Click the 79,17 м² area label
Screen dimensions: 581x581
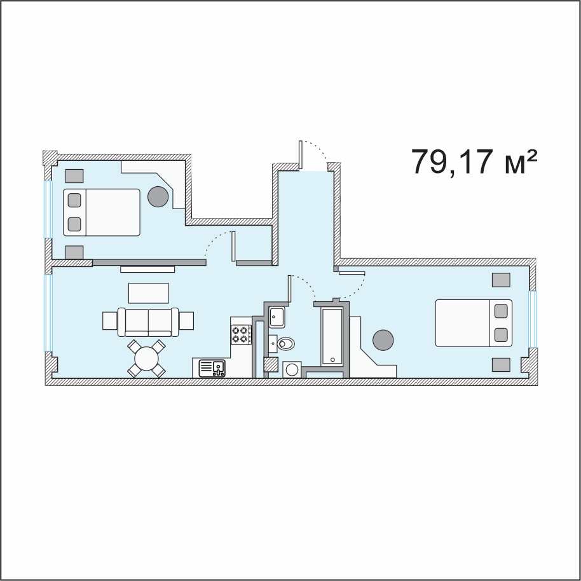(474, 161)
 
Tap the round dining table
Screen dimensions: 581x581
(147, 359)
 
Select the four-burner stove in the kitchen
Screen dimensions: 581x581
(240, 334)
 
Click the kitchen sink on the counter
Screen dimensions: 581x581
(212, 368)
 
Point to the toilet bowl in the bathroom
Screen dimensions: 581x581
(285, 343)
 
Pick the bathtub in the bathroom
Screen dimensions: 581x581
(332, 336)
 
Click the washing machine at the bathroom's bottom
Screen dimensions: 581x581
(292, 369)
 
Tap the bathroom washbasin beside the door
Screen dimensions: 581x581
(277, 318)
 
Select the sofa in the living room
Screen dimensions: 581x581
(148, 322)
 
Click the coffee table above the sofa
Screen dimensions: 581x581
(149, 293)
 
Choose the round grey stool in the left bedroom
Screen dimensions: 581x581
(158, 196)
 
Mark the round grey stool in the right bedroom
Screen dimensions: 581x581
(383, 339)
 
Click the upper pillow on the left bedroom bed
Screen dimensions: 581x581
(74, 200)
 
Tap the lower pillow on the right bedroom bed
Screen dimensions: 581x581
(501, 334)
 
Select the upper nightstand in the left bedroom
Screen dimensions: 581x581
(74, 175)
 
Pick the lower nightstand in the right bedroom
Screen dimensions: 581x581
(501, 365)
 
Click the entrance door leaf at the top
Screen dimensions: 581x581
(301, 155)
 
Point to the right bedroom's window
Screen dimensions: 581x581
(533, 319)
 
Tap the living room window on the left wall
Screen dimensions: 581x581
(48, 312)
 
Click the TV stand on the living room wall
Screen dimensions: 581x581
(147, 270)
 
